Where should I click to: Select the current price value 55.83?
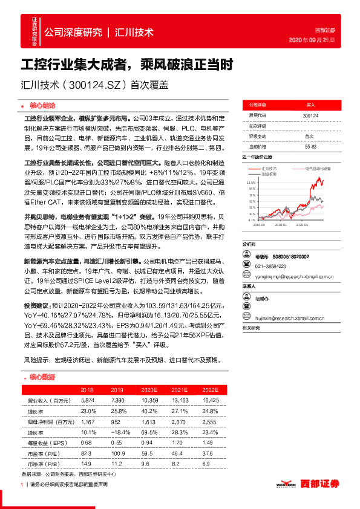click(311, 146)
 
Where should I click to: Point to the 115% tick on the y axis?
click(251, 181)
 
